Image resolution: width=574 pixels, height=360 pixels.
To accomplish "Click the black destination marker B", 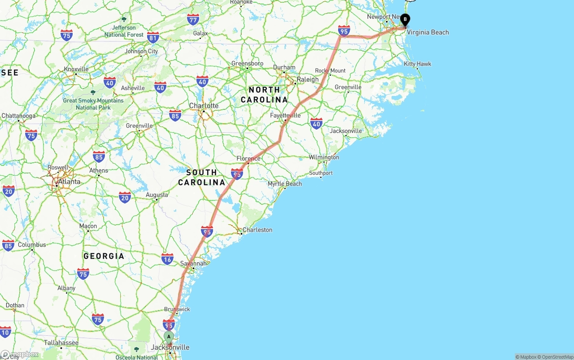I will (x=405, y=20).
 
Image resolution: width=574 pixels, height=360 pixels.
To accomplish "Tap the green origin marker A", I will (x=169, y=337).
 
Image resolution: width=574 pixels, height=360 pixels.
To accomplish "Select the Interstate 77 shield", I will (x=193, y=19).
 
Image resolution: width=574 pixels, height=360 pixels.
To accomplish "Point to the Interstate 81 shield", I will (x=153, y=37).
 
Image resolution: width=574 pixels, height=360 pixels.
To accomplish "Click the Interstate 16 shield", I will (x=167, y=259).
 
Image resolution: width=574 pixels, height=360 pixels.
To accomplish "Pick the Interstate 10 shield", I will (x=5, y=332).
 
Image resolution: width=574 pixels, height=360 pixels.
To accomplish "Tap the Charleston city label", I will (x=257, y=230).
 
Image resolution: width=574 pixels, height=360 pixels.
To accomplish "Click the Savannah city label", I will (x=193, y=264).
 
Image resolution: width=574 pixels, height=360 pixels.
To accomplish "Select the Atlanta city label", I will (x=69, y=182).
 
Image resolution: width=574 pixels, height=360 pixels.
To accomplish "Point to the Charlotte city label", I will (x=204, y=106).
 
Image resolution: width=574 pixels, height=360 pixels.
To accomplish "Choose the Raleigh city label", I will (x=308, y=79).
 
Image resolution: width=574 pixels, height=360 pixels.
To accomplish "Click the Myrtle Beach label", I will (x=285, y=184).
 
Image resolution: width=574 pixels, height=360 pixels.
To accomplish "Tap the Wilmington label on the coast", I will (x=324, y=157).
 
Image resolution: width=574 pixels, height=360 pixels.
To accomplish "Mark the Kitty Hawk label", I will (x=417, y=64).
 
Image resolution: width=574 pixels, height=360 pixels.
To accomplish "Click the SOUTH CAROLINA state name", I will (x=202, y=178).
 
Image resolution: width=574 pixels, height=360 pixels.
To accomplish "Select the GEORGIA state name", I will (x=104, y=256).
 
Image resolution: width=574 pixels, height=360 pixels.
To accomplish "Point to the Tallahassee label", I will (x=61, y=343).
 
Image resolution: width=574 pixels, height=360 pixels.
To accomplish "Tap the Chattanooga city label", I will (x=18, y=116).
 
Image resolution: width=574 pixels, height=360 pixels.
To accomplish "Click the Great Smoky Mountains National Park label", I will (x=93, y=104).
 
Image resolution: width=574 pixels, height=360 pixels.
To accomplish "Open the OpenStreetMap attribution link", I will (x=557, y=357).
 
